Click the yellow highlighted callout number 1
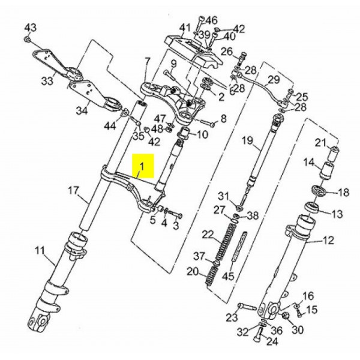(x=142, y=164)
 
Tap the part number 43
(x=30, y=28)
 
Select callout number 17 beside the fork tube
(x=73, y=191)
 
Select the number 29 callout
(x=274, y=80)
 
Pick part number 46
(x=212, y=20)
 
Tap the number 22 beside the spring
(x=208, y=234)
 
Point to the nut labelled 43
(x=28, y=40)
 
